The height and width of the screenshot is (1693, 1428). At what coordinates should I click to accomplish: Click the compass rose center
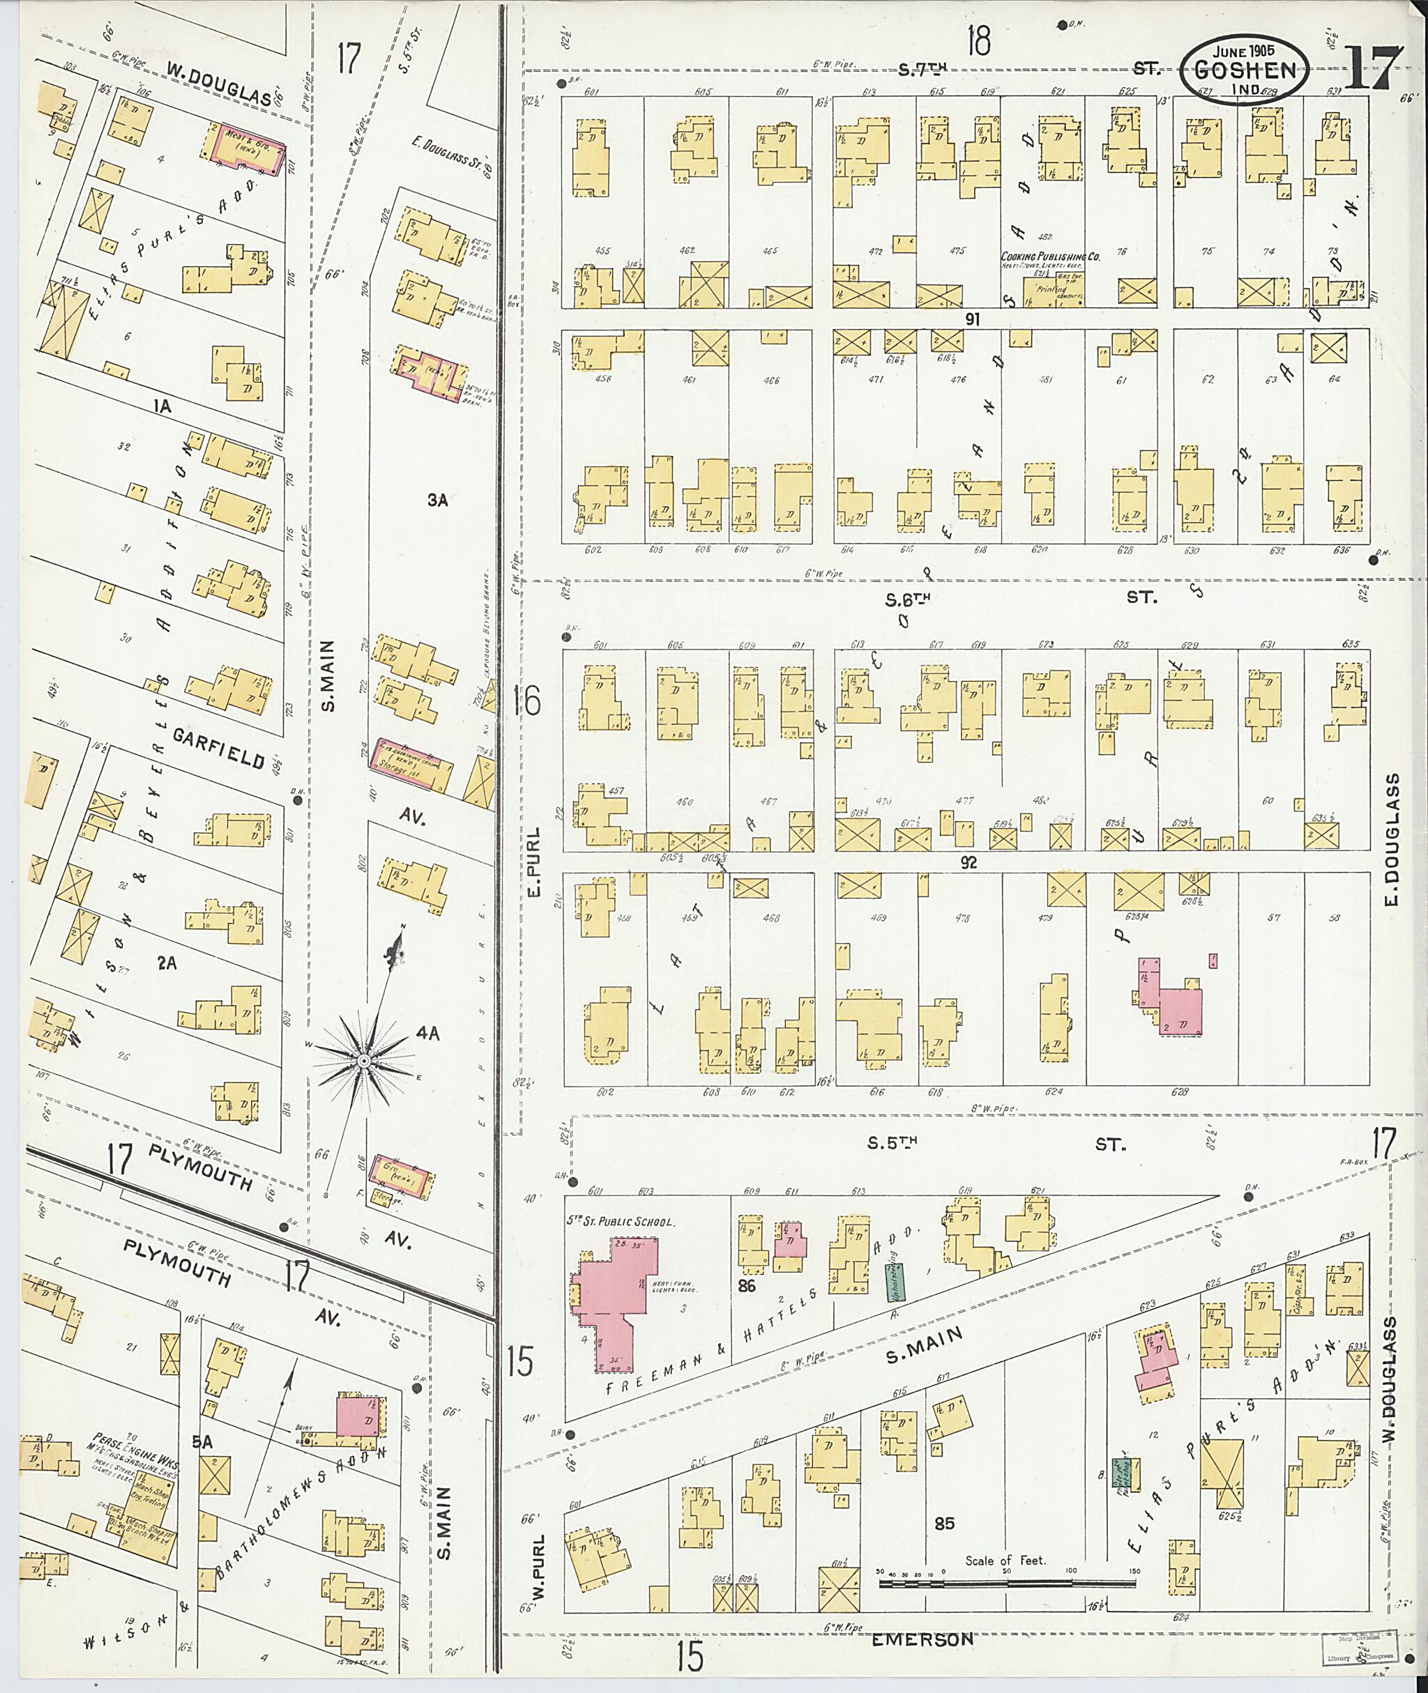click(364, 1061)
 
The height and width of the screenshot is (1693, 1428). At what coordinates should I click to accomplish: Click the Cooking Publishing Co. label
click(1051, 257)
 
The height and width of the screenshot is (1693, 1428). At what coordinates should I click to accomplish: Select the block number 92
click(969, 863)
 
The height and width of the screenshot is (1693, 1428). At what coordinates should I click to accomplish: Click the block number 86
click(745, 1285)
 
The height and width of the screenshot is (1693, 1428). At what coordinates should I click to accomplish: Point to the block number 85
click(944, 1523)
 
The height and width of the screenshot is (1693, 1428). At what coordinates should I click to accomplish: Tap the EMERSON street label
click(922, 1639)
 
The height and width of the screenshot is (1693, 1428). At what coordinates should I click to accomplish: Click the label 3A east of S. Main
click(438, 501)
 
